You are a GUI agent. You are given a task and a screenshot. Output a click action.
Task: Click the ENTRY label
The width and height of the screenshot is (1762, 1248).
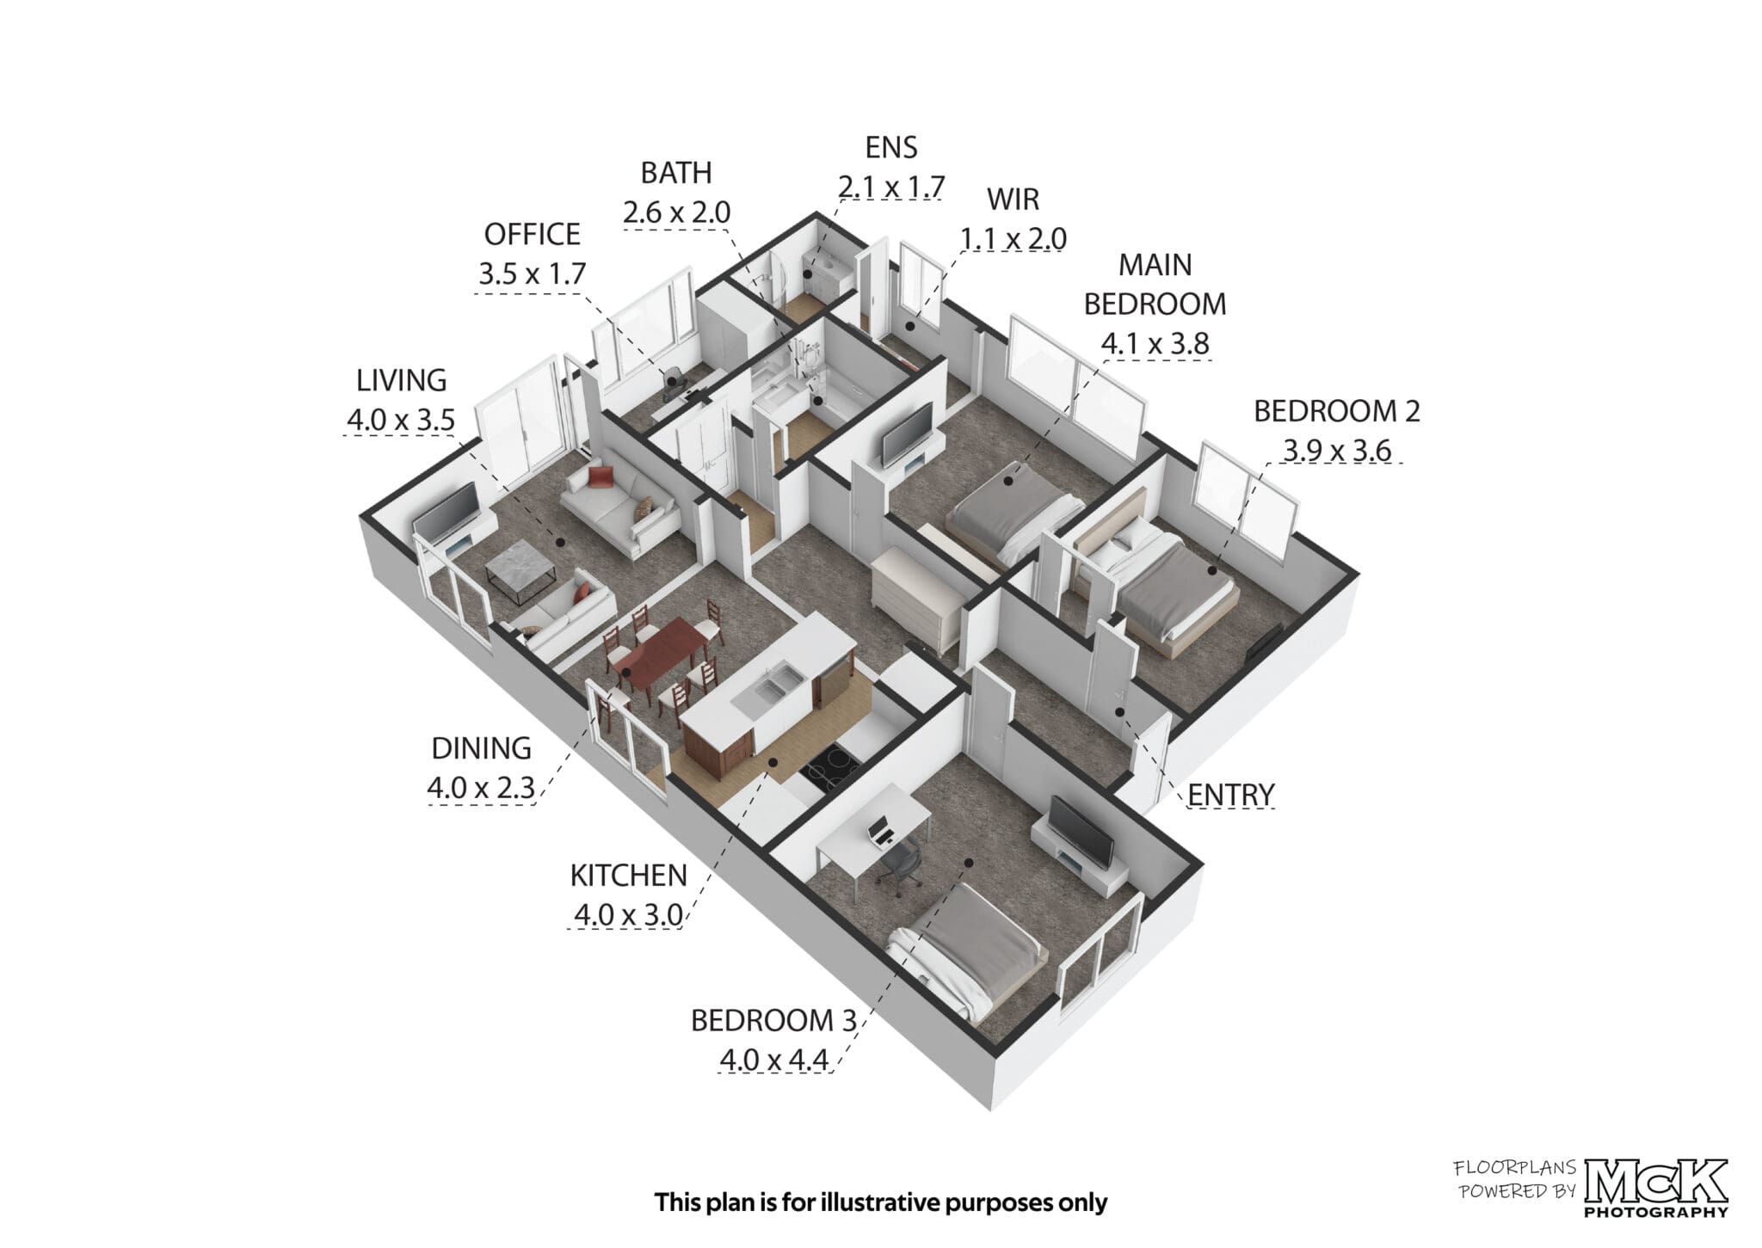(1229, 795)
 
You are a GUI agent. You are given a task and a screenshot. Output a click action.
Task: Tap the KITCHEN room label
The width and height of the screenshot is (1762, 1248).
(628, 876)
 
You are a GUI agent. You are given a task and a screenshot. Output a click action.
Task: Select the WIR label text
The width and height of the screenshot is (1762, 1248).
(1013, 199)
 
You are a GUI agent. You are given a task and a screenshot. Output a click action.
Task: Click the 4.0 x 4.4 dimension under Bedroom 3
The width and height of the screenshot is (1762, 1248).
(774, 1060)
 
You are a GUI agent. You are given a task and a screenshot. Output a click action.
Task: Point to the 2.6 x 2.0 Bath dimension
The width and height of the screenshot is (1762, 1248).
(676, 212)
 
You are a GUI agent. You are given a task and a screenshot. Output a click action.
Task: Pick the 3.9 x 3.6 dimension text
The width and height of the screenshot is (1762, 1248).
(1337, 450)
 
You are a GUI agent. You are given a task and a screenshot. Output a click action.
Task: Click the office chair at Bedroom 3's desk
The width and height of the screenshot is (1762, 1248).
(898, 863)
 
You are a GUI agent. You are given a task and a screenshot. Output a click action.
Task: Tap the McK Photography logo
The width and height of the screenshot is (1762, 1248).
(1655, 1189)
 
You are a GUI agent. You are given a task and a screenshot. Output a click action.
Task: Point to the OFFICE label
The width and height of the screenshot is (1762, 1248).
(532, 234)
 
